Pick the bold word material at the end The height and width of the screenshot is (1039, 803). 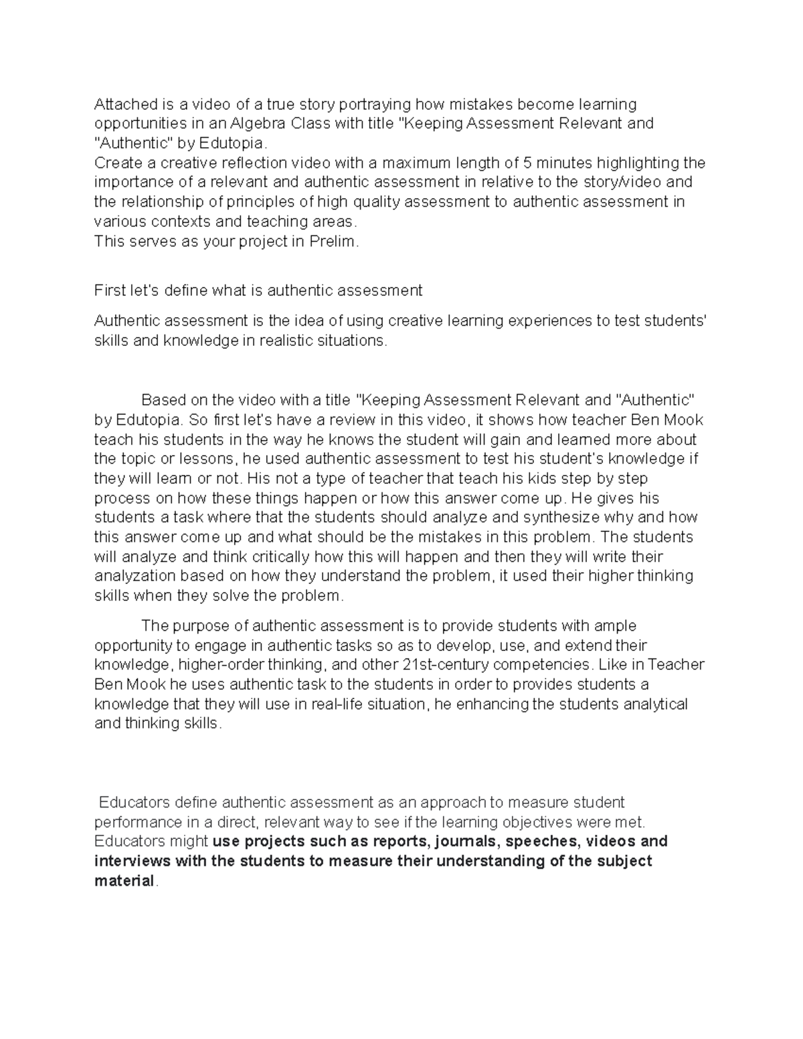point(124,881)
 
